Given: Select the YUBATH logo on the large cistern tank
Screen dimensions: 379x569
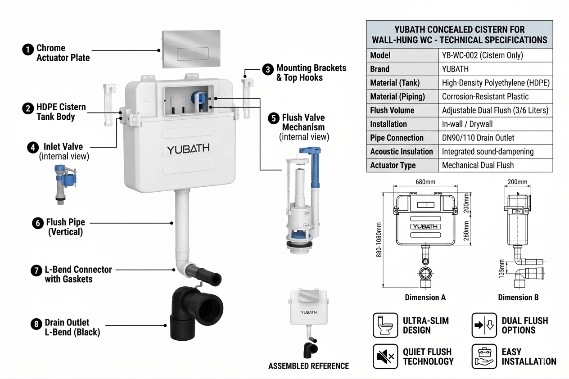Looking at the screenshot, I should [188, 149].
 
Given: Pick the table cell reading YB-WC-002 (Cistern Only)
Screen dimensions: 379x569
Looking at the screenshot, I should [483, 55].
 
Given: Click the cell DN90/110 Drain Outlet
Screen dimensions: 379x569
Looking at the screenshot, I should [478, 138].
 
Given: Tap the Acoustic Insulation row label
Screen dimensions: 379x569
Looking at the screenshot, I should [402, 152].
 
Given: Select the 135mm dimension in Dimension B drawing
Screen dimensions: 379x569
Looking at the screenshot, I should [501, 269].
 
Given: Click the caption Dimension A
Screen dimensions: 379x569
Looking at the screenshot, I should [425, 297].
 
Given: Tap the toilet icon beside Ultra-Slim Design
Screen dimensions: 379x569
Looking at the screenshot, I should [385, 325].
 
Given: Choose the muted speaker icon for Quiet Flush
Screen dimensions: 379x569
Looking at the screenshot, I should [385, 356].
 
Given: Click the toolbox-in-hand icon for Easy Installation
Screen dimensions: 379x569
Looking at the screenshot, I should [484, 356].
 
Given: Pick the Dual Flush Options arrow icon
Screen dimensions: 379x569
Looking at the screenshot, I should [484, 325].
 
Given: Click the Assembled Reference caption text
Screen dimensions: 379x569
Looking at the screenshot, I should [308, 366].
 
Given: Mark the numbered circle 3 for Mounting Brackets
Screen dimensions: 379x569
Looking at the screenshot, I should [268, 70].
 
